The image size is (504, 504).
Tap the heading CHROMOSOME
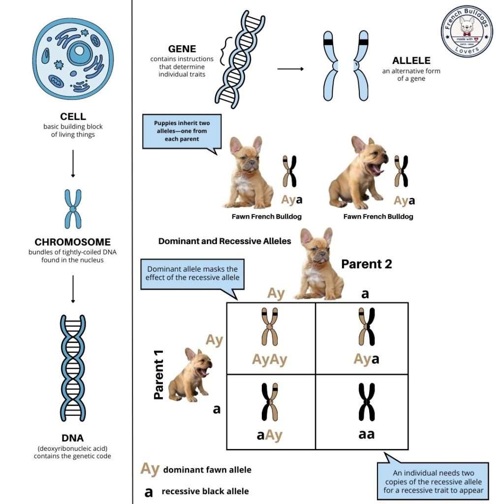point(73,242)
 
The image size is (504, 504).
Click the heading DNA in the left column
point(73,438)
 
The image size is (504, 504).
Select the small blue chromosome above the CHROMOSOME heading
point(73,209)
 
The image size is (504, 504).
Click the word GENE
point(182,49)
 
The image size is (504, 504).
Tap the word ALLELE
point(411,61)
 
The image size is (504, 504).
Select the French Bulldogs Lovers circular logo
point(466,31)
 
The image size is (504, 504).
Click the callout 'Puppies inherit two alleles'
point(182,131)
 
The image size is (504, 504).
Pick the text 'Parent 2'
point(367,264)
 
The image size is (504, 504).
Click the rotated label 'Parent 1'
point(158,379)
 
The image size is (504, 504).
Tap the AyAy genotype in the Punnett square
point(270,359)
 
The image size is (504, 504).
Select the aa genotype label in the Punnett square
point(364,434)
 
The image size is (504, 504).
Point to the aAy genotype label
point(270,435)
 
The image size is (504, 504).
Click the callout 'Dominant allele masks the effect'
point(192,273)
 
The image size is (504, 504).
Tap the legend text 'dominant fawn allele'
point(207,470)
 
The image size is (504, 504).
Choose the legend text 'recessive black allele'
point(205,491)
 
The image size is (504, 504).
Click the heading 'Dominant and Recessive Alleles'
point(224,241)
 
